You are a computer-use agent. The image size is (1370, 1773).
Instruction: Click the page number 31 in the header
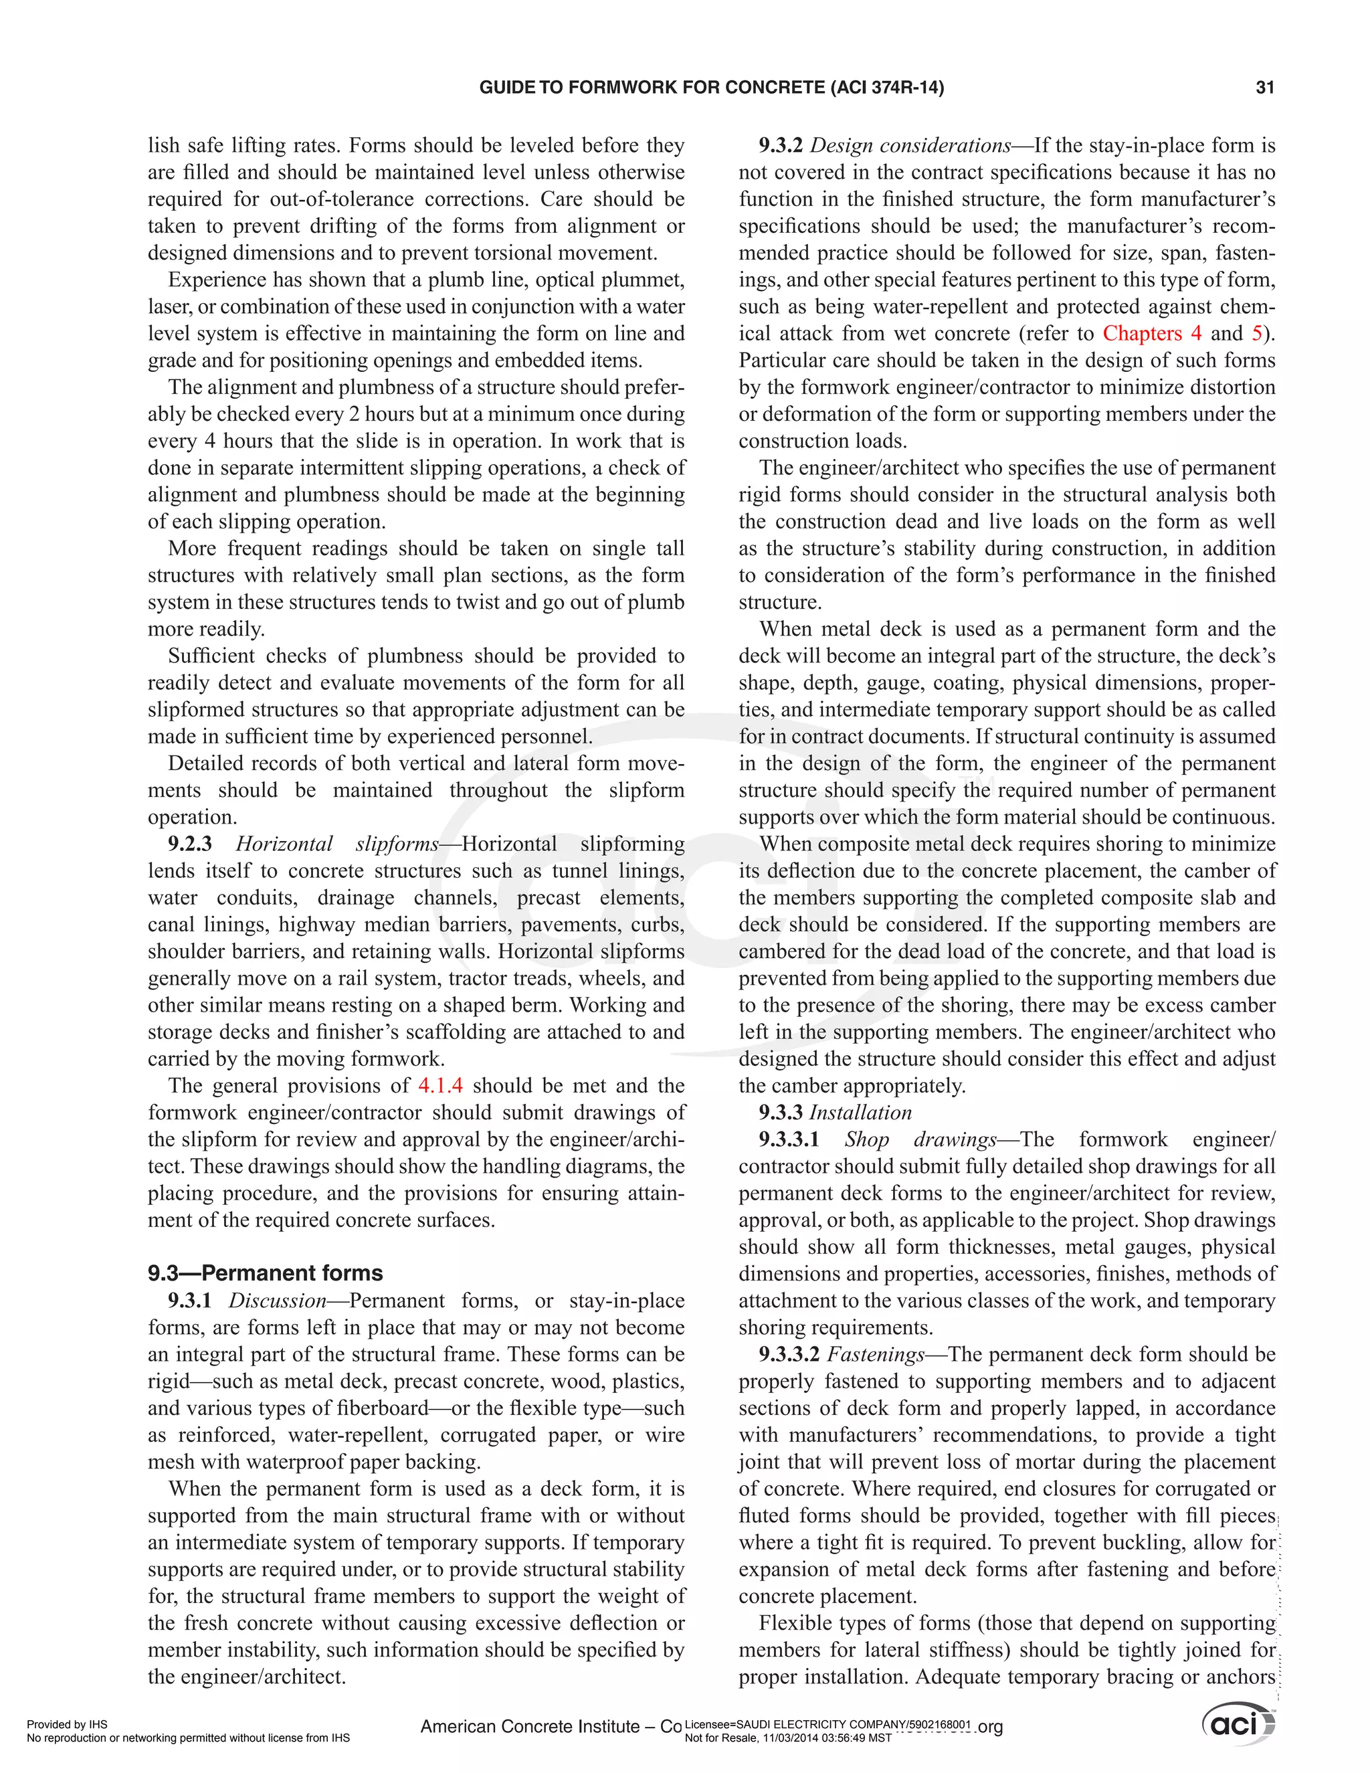(x=1264, y=88)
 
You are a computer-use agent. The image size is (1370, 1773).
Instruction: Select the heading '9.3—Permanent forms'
(x=265, y=1273)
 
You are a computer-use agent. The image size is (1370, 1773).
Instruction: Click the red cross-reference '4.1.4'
(x=440, y=1085)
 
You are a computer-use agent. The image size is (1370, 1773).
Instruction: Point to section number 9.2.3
(x=190, y=844)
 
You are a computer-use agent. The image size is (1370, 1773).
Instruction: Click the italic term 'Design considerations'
(x=910, y=146)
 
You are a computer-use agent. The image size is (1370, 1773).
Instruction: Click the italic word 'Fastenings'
(x=875, y=1354)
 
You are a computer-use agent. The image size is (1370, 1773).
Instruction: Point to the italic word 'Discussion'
(x=277, y=1301)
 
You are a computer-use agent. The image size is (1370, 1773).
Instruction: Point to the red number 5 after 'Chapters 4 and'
(x=1256, y=334)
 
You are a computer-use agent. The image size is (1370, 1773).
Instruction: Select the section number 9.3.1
(x=189, y=1301)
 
